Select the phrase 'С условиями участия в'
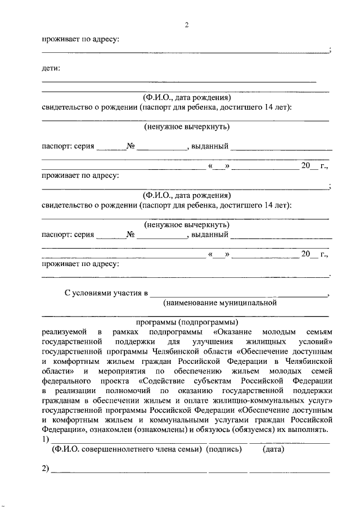[x=106, y=293]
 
